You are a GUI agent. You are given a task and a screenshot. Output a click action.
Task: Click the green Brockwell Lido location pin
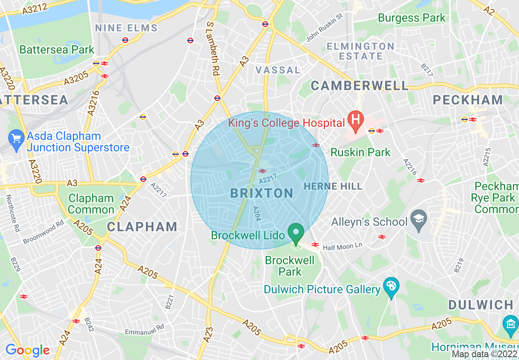click(x=296, y=233)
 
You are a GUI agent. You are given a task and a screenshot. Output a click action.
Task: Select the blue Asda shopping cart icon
click(x=17, y=141)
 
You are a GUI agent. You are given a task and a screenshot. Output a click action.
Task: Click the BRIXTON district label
click(x=262, y=193)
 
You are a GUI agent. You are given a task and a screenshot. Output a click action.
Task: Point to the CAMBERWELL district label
click(x=360, y=85)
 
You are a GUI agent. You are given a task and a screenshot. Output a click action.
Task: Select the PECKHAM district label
click(x=468, y=100)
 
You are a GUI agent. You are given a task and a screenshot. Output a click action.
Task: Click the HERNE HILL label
click(x=333, y=187)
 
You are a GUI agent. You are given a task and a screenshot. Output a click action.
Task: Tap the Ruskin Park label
click(x=361, y=153)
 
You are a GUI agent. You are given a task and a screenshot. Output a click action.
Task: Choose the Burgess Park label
click(x=411, y=18)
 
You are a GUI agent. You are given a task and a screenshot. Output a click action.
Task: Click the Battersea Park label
click(x=57, y=50)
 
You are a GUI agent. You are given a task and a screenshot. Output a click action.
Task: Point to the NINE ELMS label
click(x=126, y=28)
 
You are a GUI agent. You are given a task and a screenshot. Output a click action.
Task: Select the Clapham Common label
click(x=91, y=204)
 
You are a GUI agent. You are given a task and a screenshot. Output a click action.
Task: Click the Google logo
click(x=27, y=350)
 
